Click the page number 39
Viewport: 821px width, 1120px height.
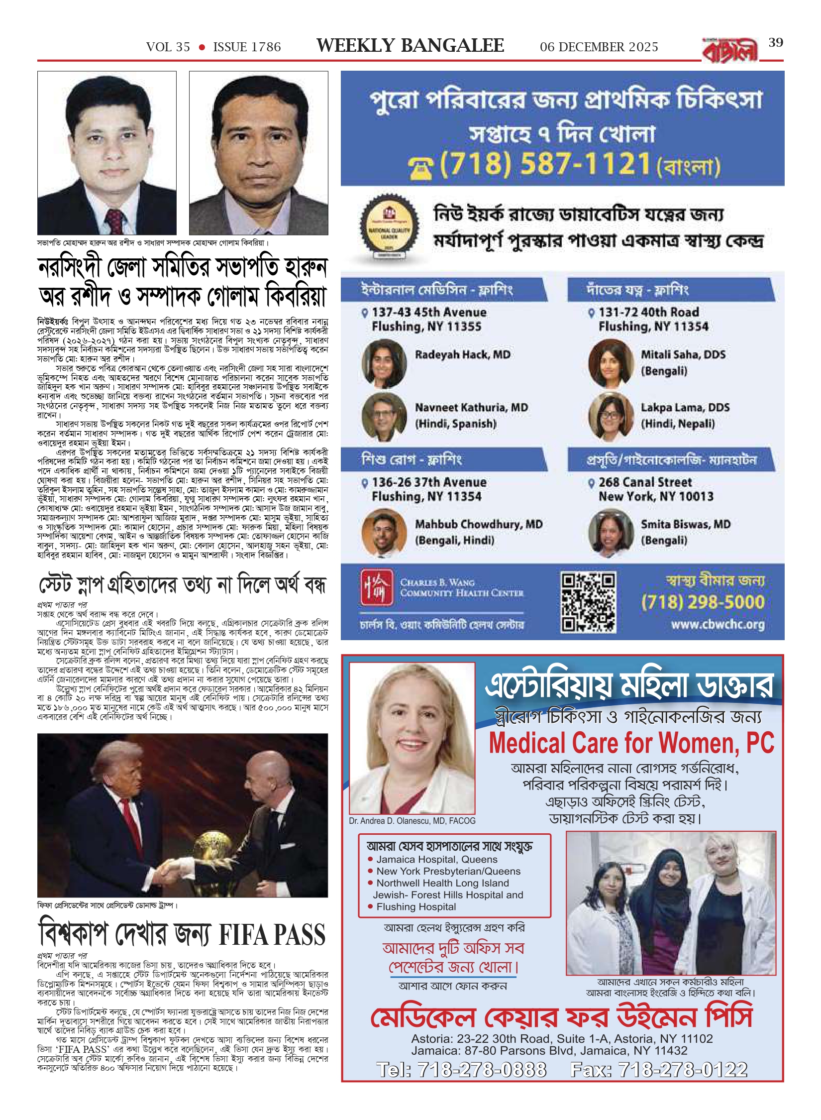(x=776, y=43)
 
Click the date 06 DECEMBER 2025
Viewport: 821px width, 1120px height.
(x=599, y=47)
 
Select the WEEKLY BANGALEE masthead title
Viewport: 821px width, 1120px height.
(x=410, y=46)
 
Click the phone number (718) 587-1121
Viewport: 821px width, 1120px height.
(x=545, y=164)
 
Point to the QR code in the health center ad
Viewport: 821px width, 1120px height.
(x=588, y=602)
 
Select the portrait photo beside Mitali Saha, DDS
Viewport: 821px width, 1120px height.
(x=610, y=363)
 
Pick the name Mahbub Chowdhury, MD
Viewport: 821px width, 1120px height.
(x=479, y=524)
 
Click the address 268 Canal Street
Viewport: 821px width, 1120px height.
(x=645, y=482)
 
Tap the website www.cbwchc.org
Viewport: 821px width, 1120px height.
(x=718, y=624)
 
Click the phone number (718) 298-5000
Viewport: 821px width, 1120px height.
(x=703, y=602)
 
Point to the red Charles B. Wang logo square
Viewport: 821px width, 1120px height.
(x=377, y=587)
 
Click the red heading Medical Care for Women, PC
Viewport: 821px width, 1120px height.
(x=631, y=743)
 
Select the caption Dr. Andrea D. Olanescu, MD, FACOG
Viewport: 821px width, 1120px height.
(x=412, y=821)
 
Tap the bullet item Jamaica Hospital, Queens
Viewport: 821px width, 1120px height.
(x=436, y=859)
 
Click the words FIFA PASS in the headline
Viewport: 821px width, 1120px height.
(x=272, y=935)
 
